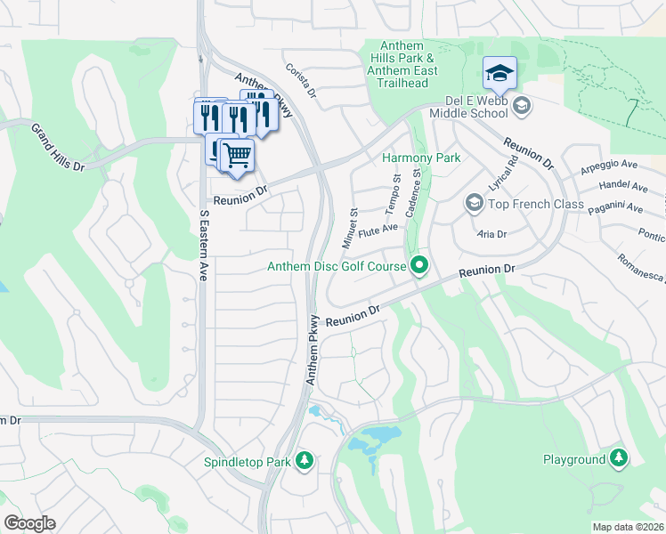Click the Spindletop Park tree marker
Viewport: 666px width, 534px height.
point(305,460)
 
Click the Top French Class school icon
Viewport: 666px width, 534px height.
point(474,205)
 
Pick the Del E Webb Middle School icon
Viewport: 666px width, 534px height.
point(522,107)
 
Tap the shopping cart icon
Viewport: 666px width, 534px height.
point(237,155)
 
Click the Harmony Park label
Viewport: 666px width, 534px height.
point(421,158)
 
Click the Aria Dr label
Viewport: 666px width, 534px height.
point(491,234)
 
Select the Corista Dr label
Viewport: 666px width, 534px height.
point(301,80)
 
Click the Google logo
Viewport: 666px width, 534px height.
point(29,523)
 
